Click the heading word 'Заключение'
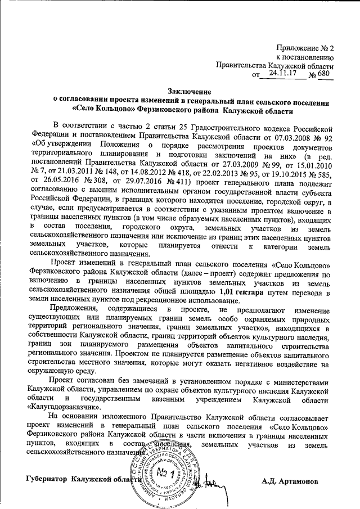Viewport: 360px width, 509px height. [x=188, y=91]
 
